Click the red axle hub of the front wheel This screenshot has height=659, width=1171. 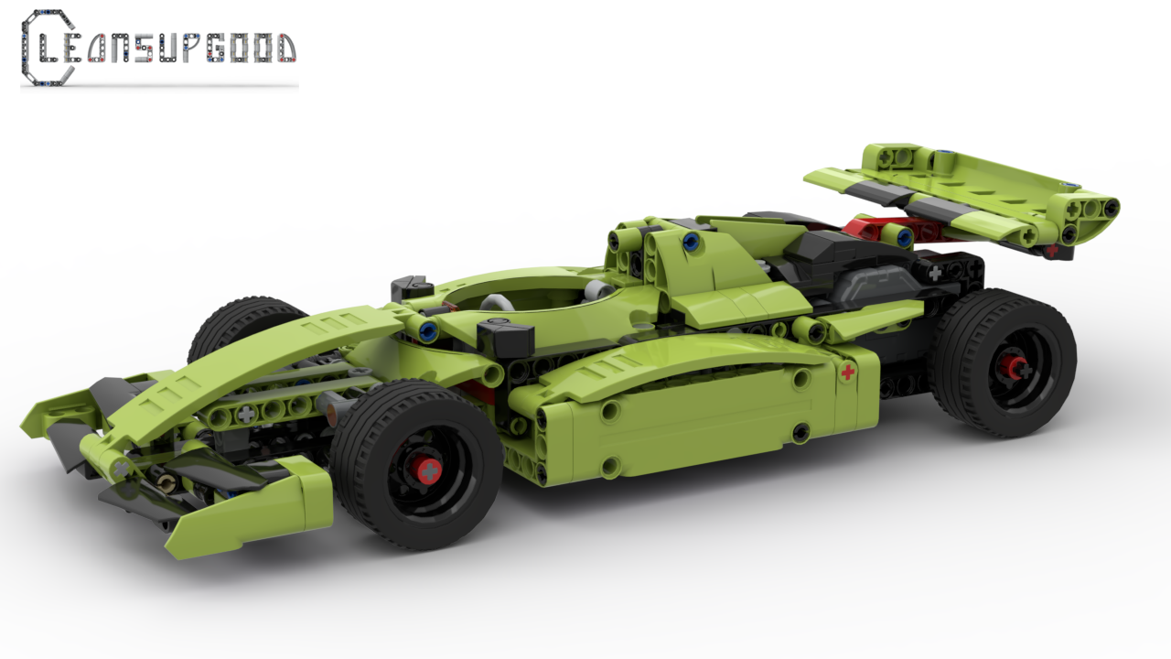point(425,470)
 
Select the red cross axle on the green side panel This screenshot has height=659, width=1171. point(848,372)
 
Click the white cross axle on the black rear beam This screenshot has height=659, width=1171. point(935,272)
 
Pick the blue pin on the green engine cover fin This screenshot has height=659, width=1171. point(691,243)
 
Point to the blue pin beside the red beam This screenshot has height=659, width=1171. point(904,238)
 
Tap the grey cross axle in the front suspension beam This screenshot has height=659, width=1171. point(246,414)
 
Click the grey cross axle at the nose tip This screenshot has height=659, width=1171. point(120,468)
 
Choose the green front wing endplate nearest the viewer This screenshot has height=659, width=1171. point(252,508)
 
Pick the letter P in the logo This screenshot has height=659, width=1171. point(190,49)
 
